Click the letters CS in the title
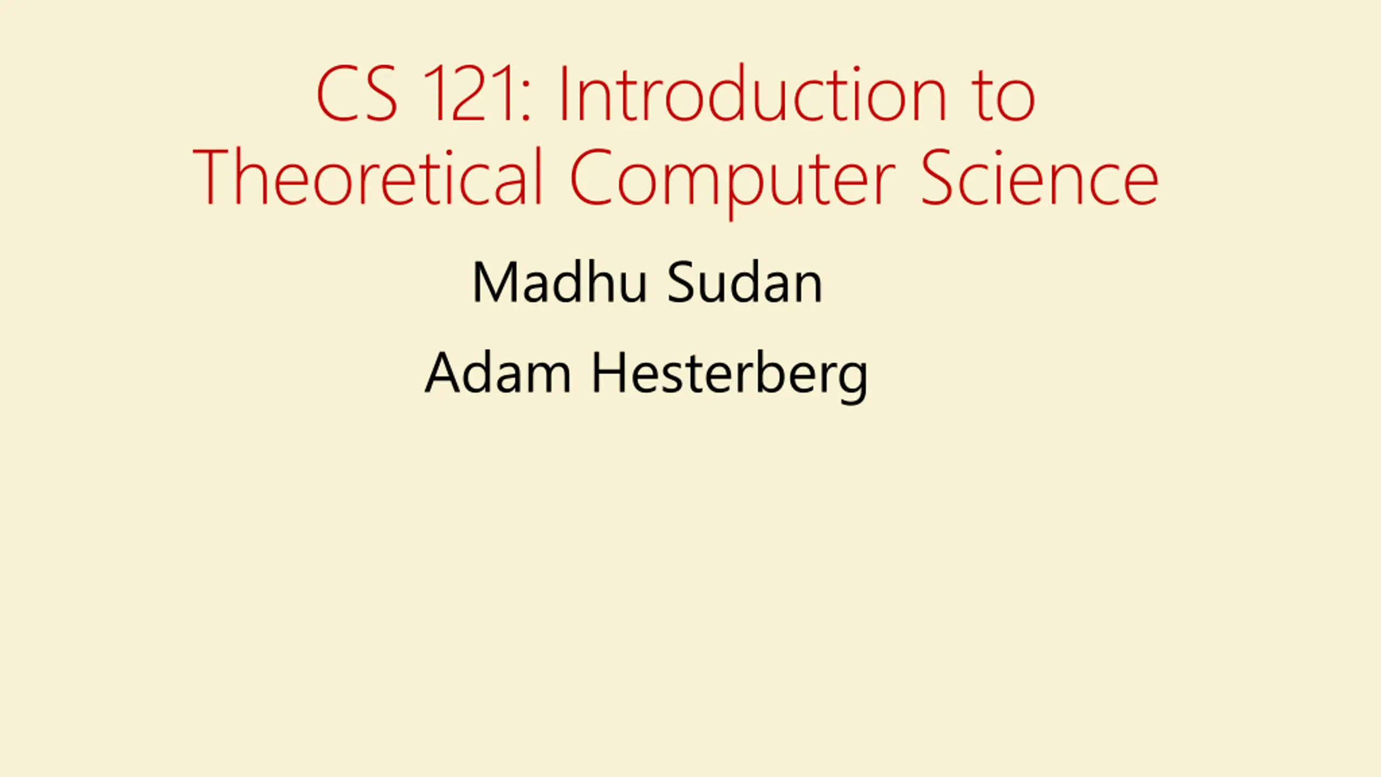tap(357, 94)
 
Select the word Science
tap(1040, 177)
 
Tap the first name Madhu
tap(559, 282)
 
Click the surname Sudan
tap(744, 282)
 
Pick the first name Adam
tap(497, 373)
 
